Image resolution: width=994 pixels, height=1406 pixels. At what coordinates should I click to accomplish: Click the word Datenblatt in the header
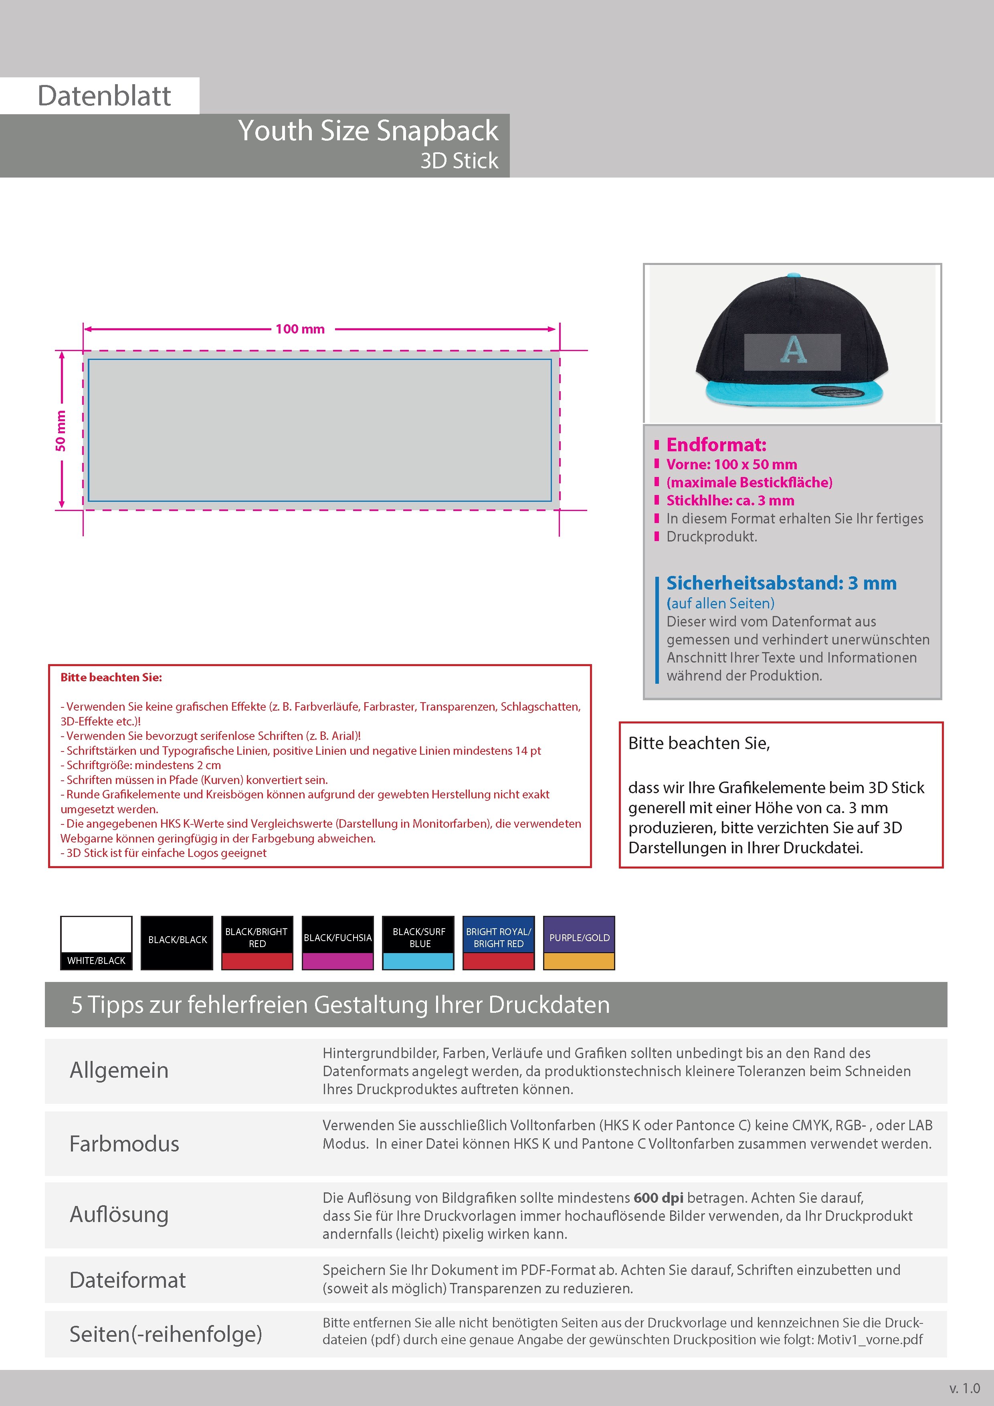pyautogui.click(x=104, y=96)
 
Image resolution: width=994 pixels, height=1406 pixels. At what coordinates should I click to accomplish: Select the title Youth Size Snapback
pyautogui.click(x=368, y=131)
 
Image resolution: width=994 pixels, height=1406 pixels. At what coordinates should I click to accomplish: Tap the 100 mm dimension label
pyautogui.click(x=300, y=329)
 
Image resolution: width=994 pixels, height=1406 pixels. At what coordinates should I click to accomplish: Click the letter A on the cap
pyautogui.click(x=793, y=350)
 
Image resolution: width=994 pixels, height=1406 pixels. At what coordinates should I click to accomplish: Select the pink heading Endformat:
pyautogui.click(x=716, y=444)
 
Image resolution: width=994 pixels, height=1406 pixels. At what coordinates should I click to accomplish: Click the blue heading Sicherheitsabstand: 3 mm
pyautogui.click(x=781, y=583)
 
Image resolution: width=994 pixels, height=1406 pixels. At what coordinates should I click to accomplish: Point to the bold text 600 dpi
pyautogui.click(x=659, y=1198)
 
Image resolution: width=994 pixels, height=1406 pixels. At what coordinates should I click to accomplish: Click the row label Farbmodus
pyautogui.click(x=124, y=1144)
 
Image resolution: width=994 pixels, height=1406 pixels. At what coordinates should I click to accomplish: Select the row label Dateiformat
pyautogui.click(x=127, y=1280)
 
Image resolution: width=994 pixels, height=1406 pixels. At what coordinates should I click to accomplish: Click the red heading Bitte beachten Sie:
pyautogui.click(x=111, y=677)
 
